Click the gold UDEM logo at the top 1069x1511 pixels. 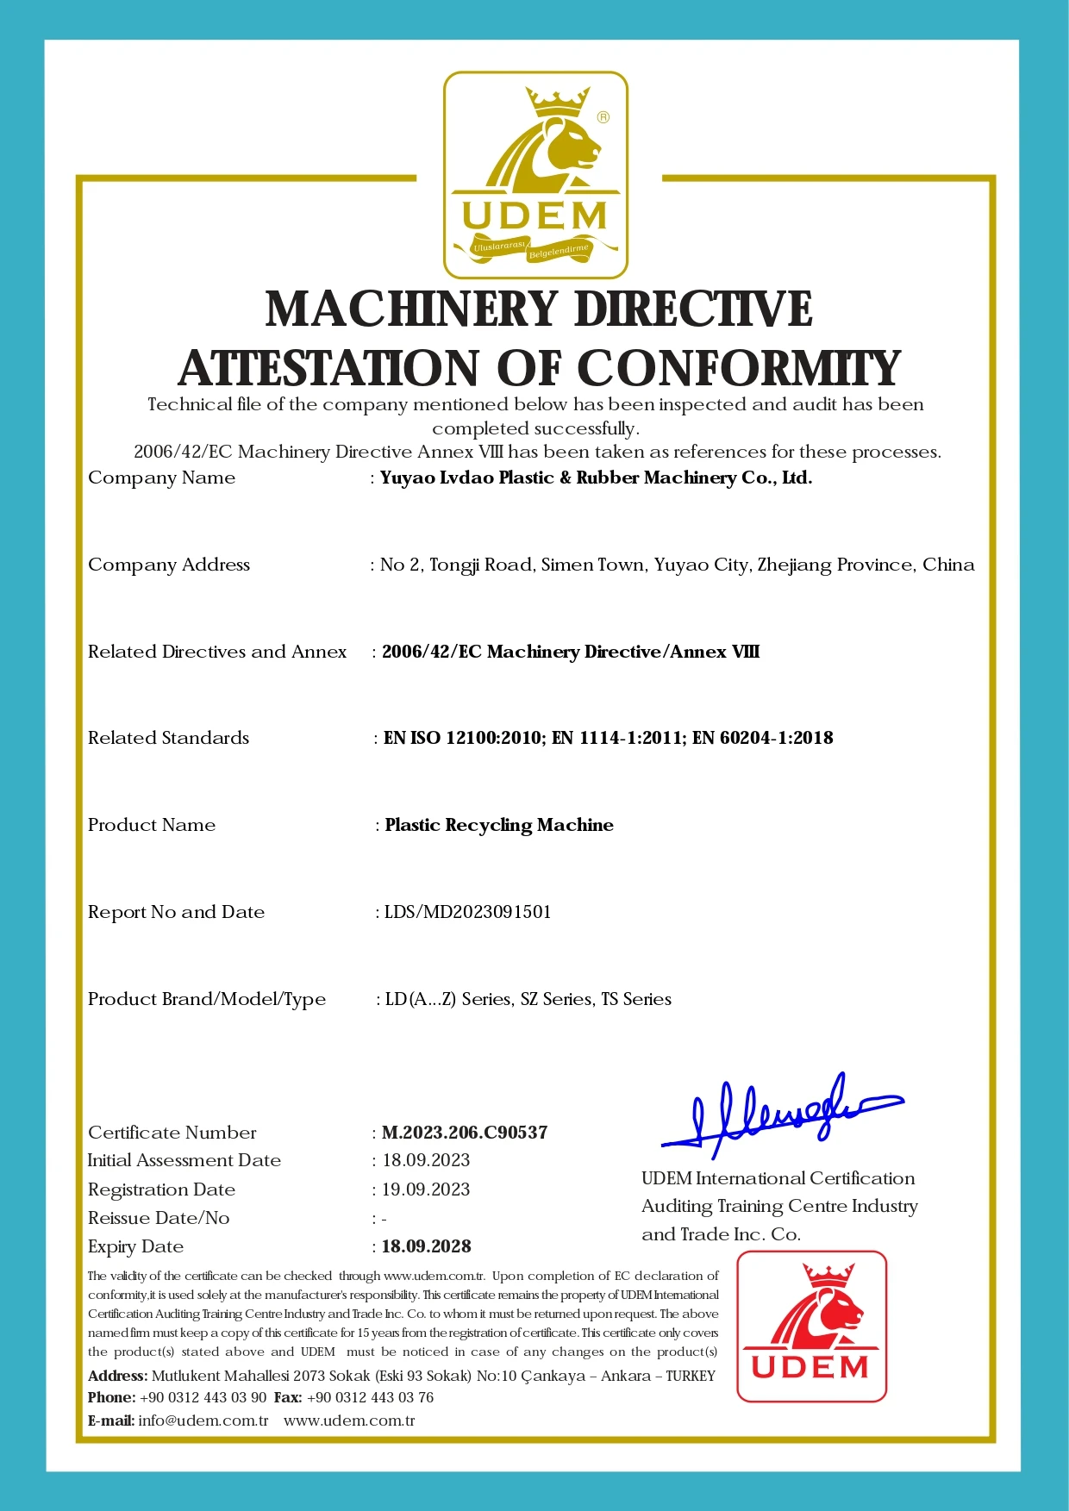[535, 175]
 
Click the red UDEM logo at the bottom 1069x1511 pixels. [811, 1326]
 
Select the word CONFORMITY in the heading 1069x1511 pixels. [738, 369]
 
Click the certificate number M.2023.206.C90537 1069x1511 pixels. [465, 1133]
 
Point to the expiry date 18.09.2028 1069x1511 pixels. [427, 1246]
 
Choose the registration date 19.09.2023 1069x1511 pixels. [426, 1189]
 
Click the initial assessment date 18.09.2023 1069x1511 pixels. [426, 1160]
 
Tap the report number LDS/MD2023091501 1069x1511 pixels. [467, 912]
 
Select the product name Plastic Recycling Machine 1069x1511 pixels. [499, 825]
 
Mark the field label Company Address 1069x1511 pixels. [169, 565]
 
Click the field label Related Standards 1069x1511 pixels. [168, 738]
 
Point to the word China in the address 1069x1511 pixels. [948, 565]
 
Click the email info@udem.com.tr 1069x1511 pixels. [203, 1420]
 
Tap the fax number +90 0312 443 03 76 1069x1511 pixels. [370, 1397]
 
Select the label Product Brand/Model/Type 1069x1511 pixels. [207, 999]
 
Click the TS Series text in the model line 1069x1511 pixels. [636, 999]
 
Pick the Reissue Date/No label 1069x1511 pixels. [159, 1218]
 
